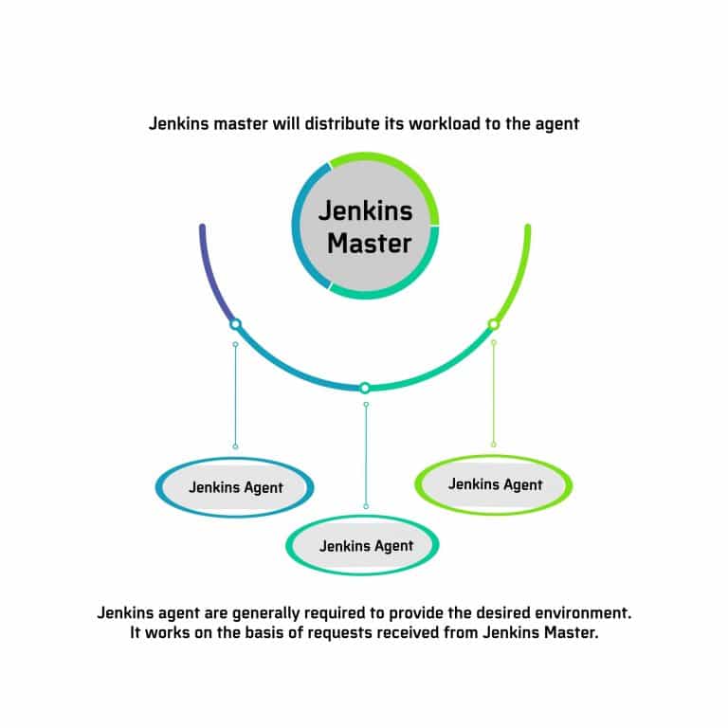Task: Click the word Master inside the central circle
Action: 369,244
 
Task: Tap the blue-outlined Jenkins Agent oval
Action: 235,488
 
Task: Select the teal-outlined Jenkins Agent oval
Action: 366,545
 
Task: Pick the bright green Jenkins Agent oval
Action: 495,484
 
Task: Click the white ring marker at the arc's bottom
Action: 365,388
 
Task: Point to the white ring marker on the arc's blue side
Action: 235,324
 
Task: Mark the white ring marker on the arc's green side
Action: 493,324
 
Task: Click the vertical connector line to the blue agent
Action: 235,394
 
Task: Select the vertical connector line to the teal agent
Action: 366,455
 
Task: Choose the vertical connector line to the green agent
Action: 493,393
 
